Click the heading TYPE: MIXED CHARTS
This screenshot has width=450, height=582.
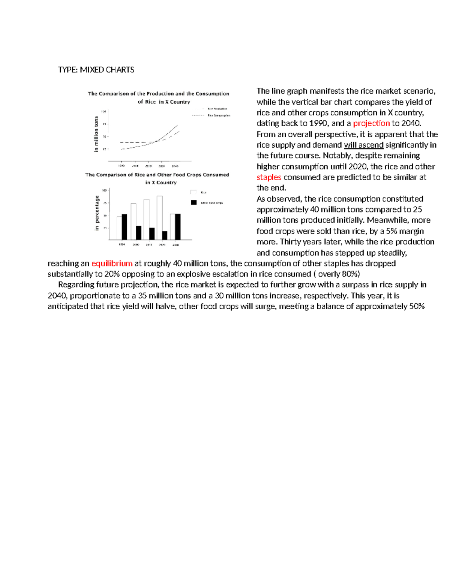[x=96, y=70]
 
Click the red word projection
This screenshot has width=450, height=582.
[x=371, y=123]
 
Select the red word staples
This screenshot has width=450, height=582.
[x=269, y=177]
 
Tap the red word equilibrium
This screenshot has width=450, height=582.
[x=112, y=263]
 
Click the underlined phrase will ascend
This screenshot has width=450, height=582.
[x=363, y=145]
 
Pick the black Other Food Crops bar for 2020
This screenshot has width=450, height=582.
[x=165, y=235]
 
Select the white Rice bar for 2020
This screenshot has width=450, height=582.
[x=160, y=218]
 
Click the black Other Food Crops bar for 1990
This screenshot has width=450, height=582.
[x=124, y=227]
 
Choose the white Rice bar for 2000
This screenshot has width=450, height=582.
[x=133, y=221]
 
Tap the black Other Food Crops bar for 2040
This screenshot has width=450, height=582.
[x=178, y=227]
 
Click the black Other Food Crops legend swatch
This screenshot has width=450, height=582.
[x=194, y=202]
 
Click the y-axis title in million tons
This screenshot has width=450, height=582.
[x=96, y=134]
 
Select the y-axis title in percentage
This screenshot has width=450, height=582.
[x=97, y=213]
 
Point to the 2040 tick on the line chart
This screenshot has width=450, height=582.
[x=175, y=166]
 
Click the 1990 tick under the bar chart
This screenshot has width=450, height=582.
[x=122, y=245]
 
